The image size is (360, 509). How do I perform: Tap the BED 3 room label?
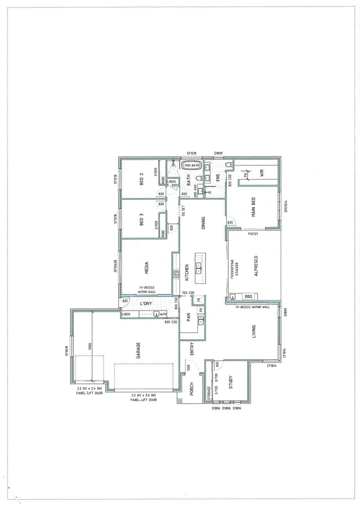pos(141,221)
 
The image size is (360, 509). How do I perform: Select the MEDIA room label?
pos(147,267)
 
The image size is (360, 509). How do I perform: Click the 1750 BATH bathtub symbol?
pos(192,166)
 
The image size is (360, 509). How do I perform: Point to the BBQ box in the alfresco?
pos(248,296)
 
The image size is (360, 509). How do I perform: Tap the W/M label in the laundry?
pos(163,314)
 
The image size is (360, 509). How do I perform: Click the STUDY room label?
pos(231,381)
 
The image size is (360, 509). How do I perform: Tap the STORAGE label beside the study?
pos(209,393)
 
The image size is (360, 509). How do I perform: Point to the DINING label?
pos(203,222)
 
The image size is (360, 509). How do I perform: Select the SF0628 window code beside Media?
pos(115,266)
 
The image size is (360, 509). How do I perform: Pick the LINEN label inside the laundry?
pos(126,314)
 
